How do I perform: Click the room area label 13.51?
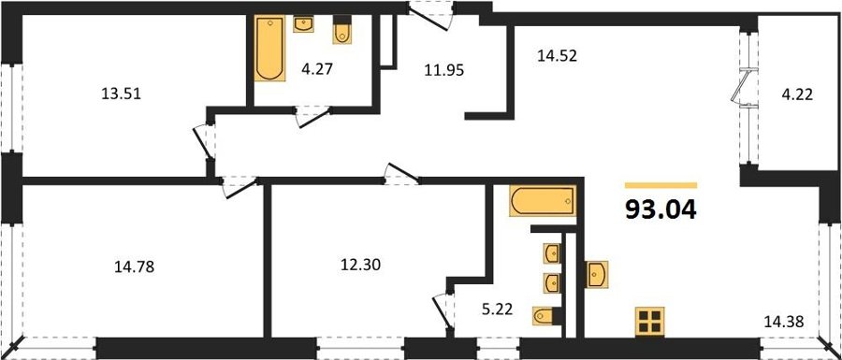(121, 94)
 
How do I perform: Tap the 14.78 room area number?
(134, 266)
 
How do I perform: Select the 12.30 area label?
(361, 265)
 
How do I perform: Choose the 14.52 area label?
(557, 55)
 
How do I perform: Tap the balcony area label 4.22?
(799, 95)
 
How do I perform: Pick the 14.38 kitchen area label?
(785, 322)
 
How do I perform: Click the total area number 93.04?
(661, 209)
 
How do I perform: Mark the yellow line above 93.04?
(661, 186)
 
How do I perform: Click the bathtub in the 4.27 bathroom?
(270, 49)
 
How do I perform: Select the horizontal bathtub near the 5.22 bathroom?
(543, 201)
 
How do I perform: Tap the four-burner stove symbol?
(650, 322)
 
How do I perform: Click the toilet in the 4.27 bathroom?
(341, 29)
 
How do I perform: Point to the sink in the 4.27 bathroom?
(303, 24)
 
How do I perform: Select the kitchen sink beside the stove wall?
(597, 275)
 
